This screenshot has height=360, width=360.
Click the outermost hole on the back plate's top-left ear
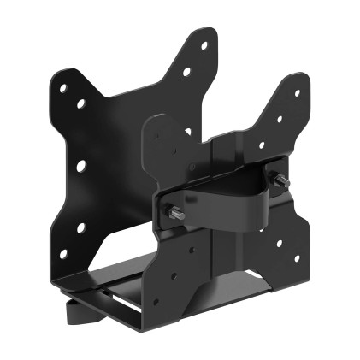[x=62, y=86]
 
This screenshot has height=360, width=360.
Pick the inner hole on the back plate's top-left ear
[x=82, y=103]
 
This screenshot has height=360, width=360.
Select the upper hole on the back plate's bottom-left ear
[x=82, y=227]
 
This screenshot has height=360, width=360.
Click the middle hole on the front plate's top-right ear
[x=280, y=121]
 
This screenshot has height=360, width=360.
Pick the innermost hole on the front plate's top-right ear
[x=263, y=145]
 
